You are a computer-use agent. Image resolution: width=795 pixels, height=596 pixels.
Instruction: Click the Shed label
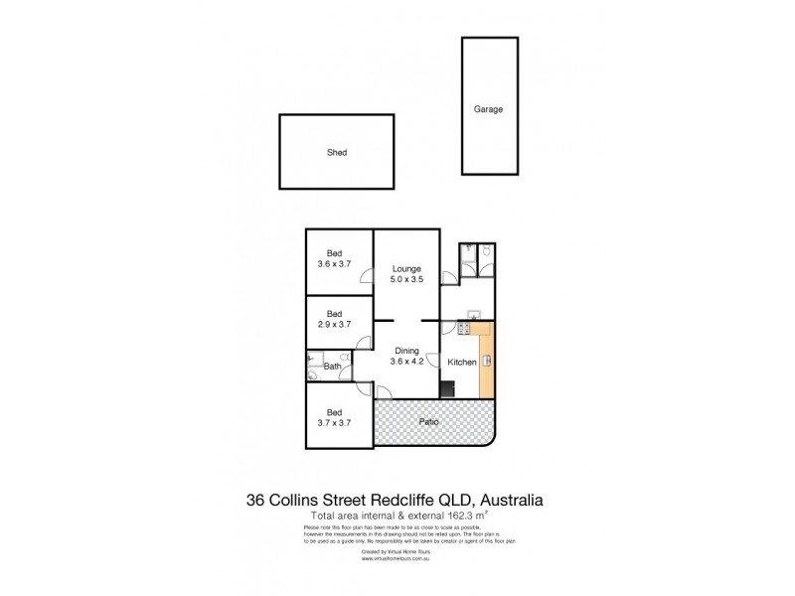[337, 153]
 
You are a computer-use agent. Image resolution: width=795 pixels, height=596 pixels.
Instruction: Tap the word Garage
[488, 109]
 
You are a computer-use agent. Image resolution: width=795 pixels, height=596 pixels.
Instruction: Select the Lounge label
[406, 268]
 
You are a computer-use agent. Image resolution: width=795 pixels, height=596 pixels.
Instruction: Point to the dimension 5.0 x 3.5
[406, 280]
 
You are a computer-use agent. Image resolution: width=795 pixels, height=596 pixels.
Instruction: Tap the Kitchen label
[462, 363]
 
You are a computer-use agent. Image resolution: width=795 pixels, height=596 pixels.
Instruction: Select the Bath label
[334, 368]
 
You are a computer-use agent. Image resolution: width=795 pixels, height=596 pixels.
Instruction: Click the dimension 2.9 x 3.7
[334, 325]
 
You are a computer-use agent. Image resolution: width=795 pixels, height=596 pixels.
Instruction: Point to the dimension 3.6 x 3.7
[334, 264]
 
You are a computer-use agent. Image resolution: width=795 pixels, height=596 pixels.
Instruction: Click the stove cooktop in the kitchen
[462, 329]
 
